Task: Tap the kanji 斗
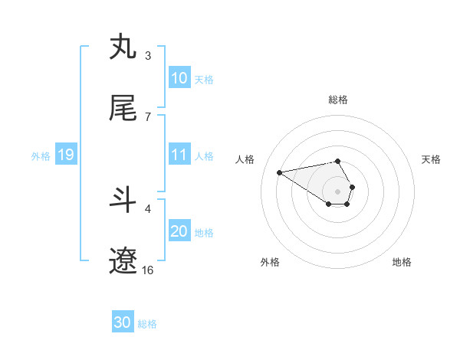tap(123, 200)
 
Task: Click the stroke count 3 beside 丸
tap(147, 55)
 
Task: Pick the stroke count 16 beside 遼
tap(148, 270)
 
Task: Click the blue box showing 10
tap(179, 78)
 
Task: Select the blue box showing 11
tap(179, 155)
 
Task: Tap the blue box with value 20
tap(179, 232)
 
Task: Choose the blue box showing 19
tap(65, 155)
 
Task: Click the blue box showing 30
tap(122, 323)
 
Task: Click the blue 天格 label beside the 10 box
tap(204, 79)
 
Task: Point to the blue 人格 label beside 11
tap(204, 155)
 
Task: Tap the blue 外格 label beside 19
tap(41, 155)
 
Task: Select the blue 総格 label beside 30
tap(147, 324)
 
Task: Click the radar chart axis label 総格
tap(337, 100)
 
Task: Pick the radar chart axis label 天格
tap(432, 159)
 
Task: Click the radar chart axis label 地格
tap(402, 262)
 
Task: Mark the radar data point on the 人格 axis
tap(280, 172)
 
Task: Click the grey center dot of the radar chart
tap(337, 191)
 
